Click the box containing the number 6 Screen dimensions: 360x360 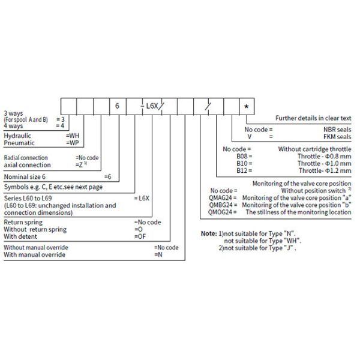(x=118, y=106)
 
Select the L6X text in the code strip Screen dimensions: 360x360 (x=152, y=106)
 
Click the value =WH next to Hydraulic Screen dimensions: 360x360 (x=72, y=136)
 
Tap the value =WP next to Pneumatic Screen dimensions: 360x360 (x=72, y=143)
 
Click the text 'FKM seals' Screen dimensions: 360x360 (x=337, y=136)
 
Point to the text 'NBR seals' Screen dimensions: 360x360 (x=337, y=129)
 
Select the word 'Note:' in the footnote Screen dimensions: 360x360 (x=208, y=232)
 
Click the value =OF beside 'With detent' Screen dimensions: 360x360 (x=140, y=236)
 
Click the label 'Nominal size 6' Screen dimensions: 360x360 (x=25, y=177)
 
